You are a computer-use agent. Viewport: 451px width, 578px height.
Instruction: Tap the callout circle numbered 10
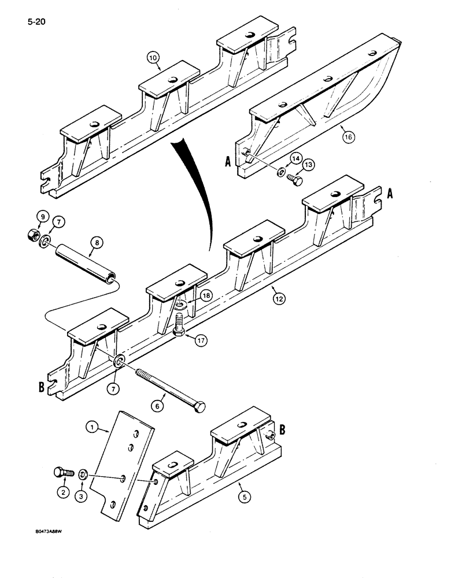(x=152, y=58)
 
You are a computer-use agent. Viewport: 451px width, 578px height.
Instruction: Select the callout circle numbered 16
(x=349, y=137)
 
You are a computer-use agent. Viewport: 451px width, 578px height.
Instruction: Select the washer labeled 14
(x=280, y=173)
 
